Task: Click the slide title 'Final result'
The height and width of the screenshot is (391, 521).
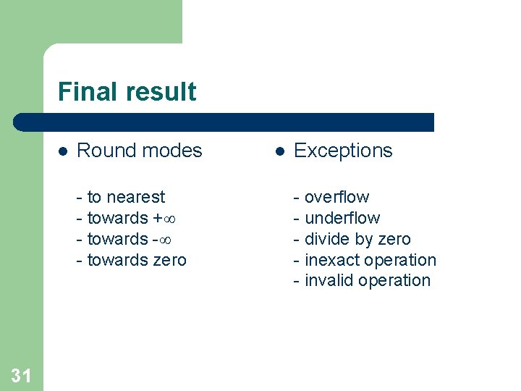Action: [x=127, y=92]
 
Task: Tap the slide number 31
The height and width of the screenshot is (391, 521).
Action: [x=22, y=374]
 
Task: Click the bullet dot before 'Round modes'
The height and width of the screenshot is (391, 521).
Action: [x=63, y=151]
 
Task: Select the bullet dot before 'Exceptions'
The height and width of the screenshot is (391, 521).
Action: [x=280, y=151]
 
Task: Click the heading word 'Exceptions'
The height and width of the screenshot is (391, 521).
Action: [x=343, y=151]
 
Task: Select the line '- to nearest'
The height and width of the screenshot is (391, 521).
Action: [x=120, y=197]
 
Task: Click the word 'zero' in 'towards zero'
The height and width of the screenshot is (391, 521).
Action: [x=169, y=260]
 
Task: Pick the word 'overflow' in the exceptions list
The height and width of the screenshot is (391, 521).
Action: [x=336, y=197]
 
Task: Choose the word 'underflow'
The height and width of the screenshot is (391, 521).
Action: [x=342, y=218]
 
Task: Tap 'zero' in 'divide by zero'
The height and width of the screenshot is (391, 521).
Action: [x=394, y=239]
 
